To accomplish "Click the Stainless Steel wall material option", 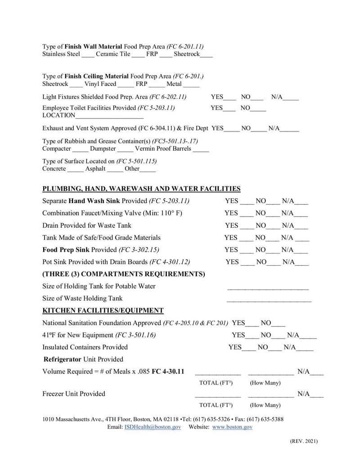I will point(61,54).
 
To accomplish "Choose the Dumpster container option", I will point(103,148).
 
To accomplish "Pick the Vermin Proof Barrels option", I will point(163,148).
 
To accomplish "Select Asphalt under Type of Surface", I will point(95,169).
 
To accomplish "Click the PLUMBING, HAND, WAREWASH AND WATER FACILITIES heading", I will point(141,189).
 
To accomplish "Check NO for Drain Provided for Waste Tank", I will point(261,225).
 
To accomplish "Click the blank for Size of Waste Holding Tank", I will point(269,299).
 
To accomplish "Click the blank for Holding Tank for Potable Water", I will point(268,286).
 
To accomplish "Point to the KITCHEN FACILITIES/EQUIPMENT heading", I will point(103,310).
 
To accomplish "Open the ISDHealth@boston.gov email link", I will point(153,427).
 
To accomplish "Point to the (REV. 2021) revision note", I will point(304,441).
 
